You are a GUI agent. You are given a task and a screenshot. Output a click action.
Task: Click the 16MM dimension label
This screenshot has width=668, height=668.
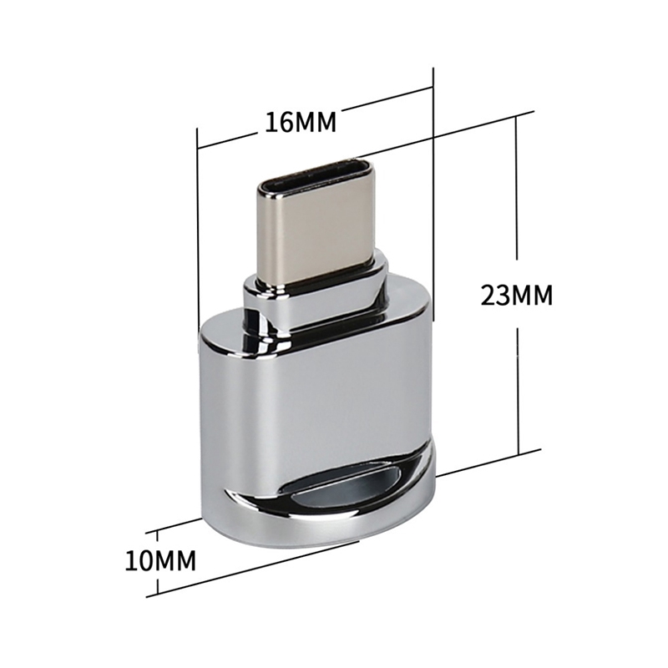point(301,122)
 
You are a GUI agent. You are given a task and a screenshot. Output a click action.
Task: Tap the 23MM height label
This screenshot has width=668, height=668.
point(518,296)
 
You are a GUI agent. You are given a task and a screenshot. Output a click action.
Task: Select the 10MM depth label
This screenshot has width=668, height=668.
point(160,559)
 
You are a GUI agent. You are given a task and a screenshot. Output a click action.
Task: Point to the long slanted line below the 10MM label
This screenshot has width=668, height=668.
point(250,568)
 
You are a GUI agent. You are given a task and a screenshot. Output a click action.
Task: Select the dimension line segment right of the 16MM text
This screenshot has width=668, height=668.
point(388,98)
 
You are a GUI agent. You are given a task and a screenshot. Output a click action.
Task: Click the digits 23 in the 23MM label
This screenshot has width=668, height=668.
point(497,296)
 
